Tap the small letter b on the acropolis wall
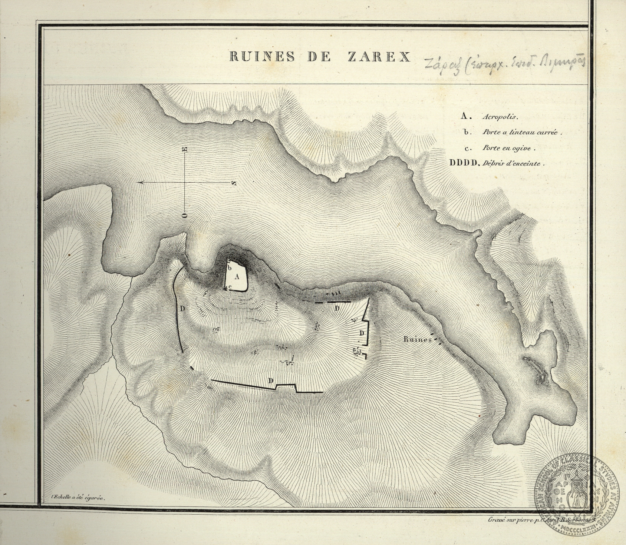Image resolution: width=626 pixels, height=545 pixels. (230, 267)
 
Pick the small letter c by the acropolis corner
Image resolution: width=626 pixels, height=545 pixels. (230, 287)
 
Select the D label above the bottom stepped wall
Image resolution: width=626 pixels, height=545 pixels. (271, 380)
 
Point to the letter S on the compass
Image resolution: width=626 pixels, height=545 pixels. (234, 183)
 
